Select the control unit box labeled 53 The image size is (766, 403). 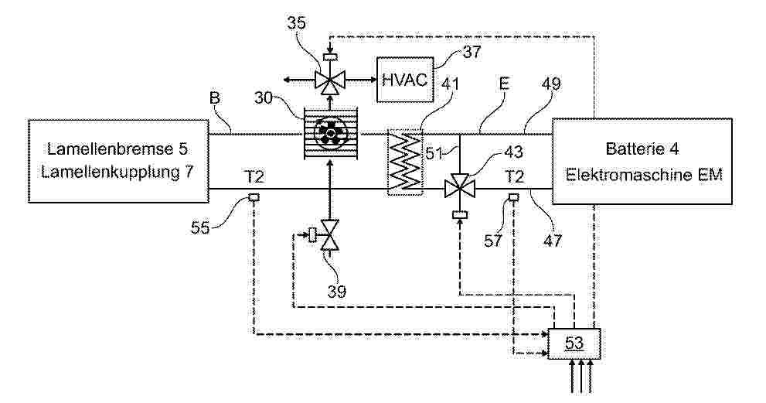pyautogui.click(x=574, y=343)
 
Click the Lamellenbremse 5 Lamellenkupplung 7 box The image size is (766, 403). pyautogui.click(x=119, y=161)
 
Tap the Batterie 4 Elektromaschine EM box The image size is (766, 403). pyautogui.click(x=642, y=161)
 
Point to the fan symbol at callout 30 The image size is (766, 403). pyautogui.click(x=330, y=132)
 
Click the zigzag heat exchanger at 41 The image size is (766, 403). pyautogui.click(x=404, y=162)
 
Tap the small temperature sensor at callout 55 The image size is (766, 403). pyautogui.click(x=254, y=197)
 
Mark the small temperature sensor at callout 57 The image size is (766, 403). pyautogui.click(x=513, y=197)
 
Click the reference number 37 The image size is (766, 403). pyautogui.click(x=472, y=52)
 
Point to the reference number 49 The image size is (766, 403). pyautogui.click(x=551, y=84)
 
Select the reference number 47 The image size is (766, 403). pyautogui.click(x=553, y=240)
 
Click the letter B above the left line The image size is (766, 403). pyautogui.click(x=214, y=97)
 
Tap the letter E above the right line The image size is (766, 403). pyautogui.click(x=504, y=84)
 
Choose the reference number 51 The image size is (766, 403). pyautogui.click(x=434, y=153)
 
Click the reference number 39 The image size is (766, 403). pyautogui.click(x=336, y=292)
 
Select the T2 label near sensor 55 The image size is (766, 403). pyautogui.click(x=254, y=176)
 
